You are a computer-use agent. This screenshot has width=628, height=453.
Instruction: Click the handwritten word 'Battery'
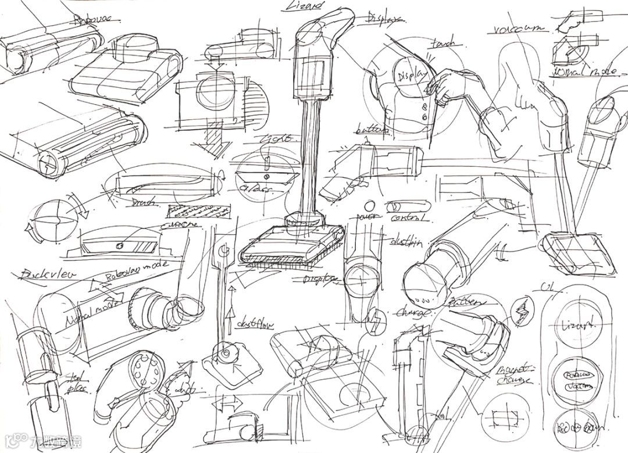pos(465,302)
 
